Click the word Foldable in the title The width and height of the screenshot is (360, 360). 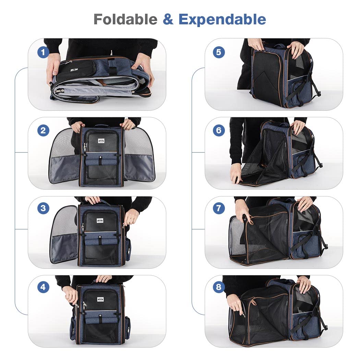(125, 19)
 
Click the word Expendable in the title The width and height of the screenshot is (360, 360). (222, 19)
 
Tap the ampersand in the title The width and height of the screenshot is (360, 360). (168, 19)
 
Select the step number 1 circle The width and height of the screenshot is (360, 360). (43, 52)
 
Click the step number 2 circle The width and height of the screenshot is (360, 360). (43, 131)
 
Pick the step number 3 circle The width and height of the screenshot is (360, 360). (43, 208)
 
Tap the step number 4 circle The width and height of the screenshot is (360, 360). (43, 287)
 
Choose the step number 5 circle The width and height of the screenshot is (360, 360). (219, 52)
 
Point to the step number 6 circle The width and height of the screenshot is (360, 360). (219, 131)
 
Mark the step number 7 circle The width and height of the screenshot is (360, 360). (219, 208)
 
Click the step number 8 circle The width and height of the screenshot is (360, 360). (219, 287)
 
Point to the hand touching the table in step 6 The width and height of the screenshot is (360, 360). (236, 173)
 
